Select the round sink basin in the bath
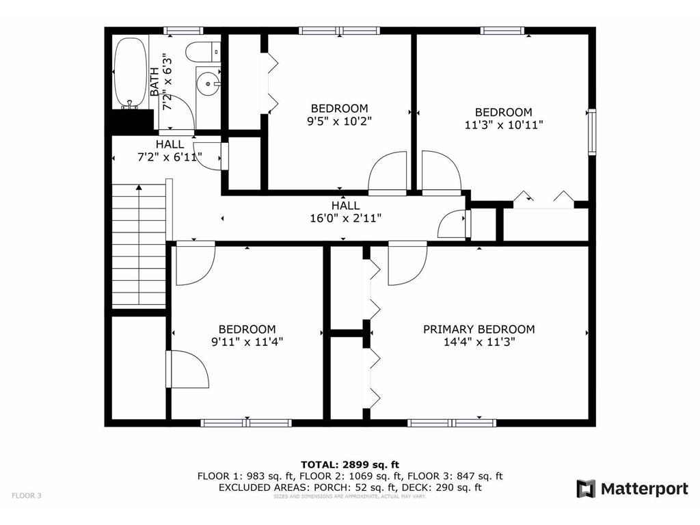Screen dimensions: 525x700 click(208, 85)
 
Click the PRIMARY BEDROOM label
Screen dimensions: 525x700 click(479, 329)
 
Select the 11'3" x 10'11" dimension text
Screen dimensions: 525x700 click(504, 124)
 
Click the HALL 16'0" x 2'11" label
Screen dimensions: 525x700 click(345, 212)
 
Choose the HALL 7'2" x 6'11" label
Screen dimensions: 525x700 click(170, 150)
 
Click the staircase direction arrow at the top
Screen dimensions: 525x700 click(139, 187)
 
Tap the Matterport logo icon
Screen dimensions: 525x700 click(586, 489)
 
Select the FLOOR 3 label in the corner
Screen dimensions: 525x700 click(27, 496)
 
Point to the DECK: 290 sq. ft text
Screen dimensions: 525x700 click(446, 487)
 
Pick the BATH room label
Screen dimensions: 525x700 click(155, 81)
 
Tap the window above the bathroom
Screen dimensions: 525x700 click(183, 30)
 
